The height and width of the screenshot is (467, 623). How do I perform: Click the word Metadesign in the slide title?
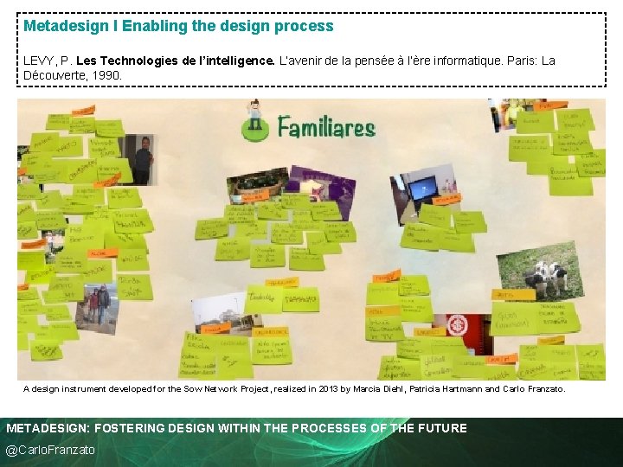click(x=67, y=26)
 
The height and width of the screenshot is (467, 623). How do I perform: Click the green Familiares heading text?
click(x=326, y=129)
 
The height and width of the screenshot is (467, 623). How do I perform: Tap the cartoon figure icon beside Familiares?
click(x=254, y=120)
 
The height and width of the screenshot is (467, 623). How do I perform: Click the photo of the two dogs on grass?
click(x=552, y=270)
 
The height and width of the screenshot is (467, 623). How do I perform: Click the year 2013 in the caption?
click(x=324, y=389)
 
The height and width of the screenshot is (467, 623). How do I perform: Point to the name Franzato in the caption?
click(x=542, y=389)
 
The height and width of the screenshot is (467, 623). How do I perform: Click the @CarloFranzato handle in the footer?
click(x=50, y=450)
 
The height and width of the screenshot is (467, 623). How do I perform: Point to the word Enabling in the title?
click(x=151, y=26)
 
